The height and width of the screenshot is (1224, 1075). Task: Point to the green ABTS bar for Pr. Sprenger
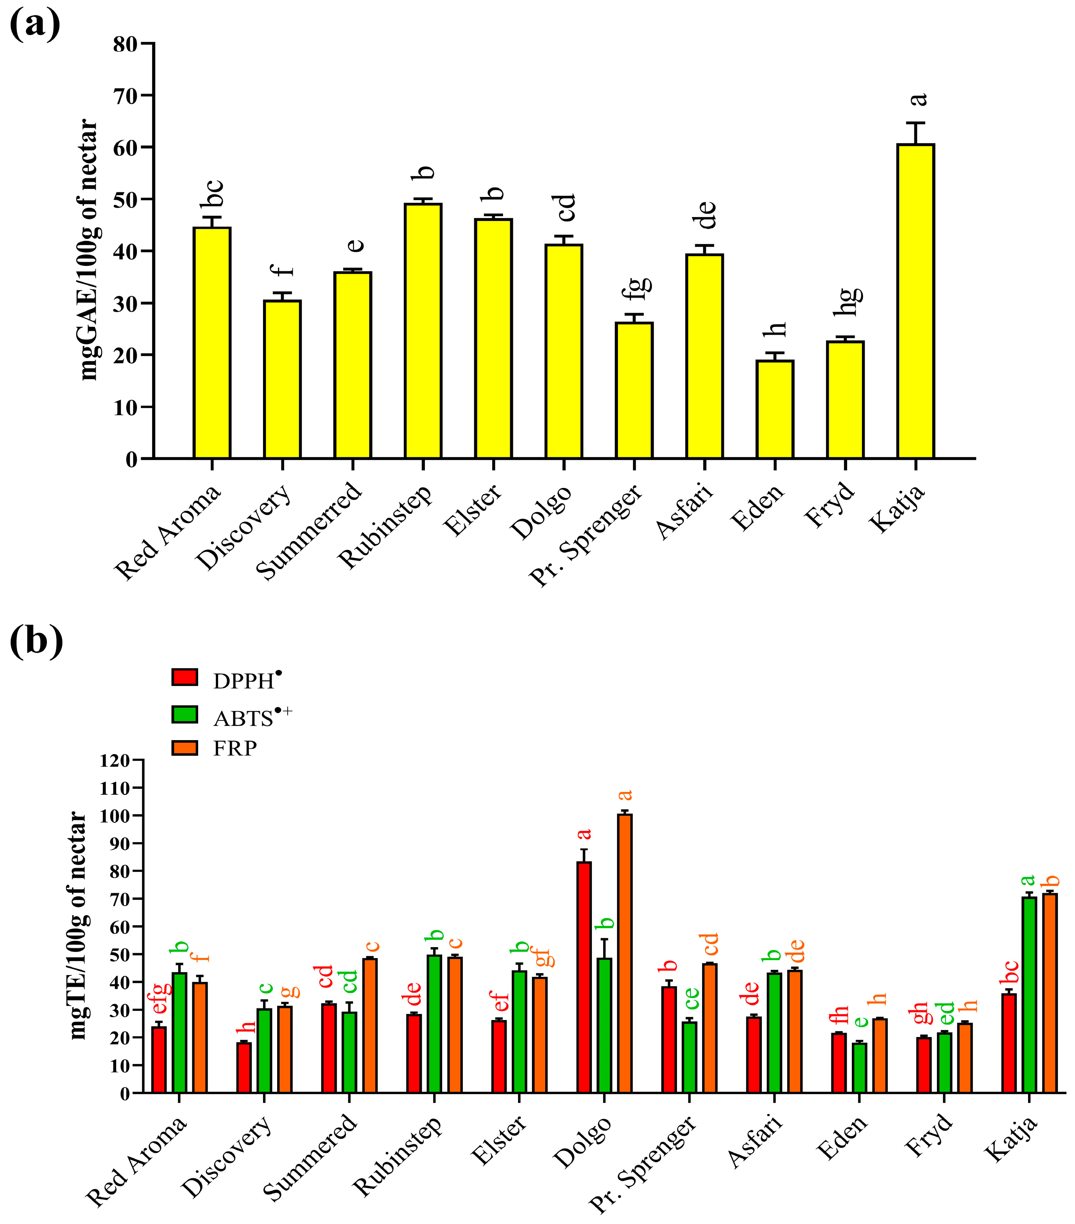click(x=689, y=1057)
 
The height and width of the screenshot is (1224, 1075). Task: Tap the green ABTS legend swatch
click(x=185, y=714)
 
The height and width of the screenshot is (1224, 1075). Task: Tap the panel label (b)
click(x=36, y=642)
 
